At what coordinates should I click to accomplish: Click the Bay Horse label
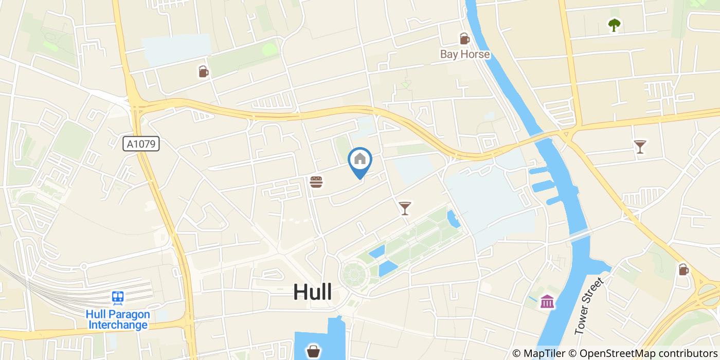click(x=464, y=54)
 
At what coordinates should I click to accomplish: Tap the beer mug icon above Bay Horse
click(x=464, y=39)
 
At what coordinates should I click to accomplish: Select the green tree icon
click(x=614, y=25)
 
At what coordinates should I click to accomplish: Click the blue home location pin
click(x=360, y=160)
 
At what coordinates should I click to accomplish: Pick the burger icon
click(x=316, y=182)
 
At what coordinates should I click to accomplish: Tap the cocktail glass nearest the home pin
click(x=405, y=208)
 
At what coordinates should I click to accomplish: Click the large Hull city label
click(x=312, y=292)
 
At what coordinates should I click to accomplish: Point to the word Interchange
click(x=118, y=325)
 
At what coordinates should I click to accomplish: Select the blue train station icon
click(x=118, y=298)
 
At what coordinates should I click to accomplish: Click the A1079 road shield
click(x=141, y=144)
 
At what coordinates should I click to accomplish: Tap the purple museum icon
click(x=547, y=301)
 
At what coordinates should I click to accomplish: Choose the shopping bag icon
click(x=313, y=351)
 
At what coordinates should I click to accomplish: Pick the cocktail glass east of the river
click(x=639, y=147)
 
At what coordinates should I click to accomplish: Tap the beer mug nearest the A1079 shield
click(x=204, y=71)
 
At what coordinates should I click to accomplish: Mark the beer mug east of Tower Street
click(x=683, y=269)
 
